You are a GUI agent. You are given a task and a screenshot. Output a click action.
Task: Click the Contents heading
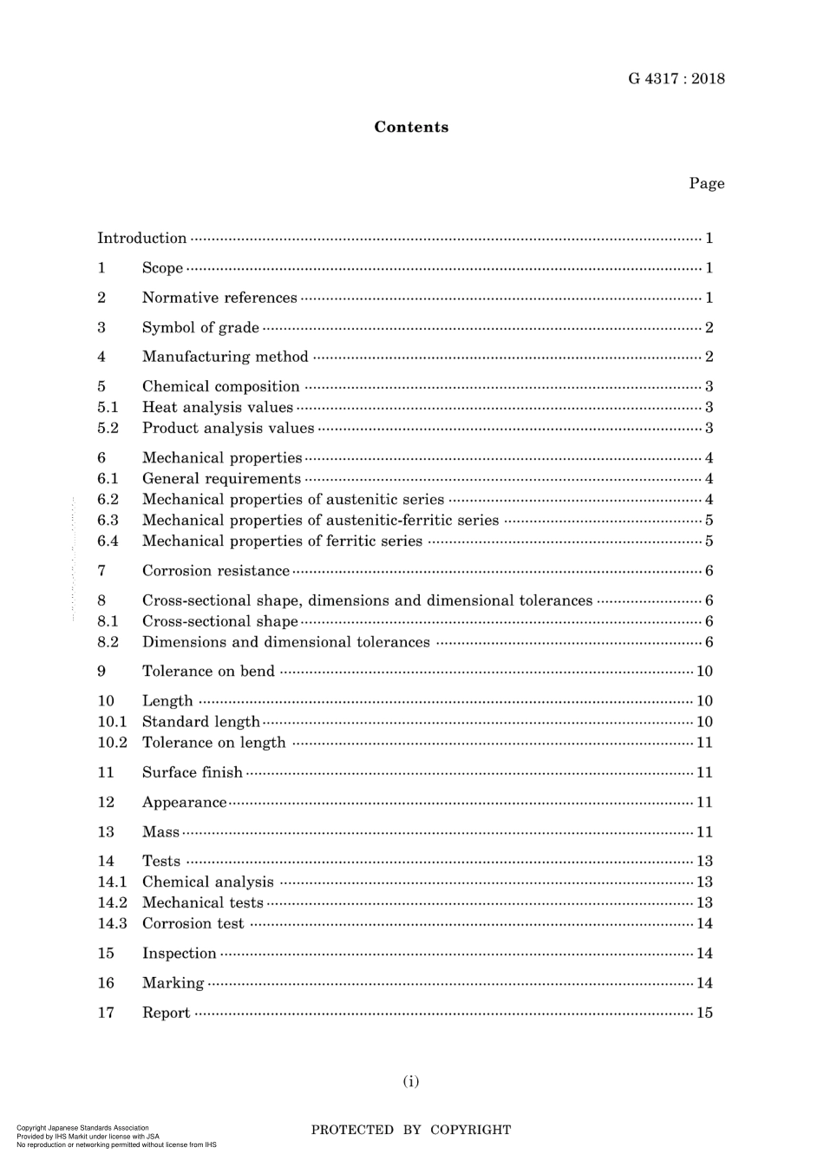click(411, 128)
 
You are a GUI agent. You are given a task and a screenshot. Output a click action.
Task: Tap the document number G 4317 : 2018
click(677, 79)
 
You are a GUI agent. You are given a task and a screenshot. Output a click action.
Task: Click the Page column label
click(706, 183)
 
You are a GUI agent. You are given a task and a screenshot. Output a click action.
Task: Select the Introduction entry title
click(142, 239)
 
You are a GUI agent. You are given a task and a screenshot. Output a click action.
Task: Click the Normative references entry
click(219, 298)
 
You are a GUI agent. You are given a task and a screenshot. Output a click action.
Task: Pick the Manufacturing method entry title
click(226, 357)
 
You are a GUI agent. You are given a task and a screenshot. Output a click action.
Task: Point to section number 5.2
click(108, 428)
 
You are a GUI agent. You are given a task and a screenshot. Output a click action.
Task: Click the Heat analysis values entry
click(218, 407)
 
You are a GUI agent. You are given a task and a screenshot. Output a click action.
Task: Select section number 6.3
click(108, 520)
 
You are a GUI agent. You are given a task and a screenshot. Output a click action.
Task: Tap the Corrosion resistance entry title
click(216, 571)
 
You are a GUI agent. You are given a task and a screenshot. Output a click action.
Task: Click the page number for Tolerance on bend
click(704, 671)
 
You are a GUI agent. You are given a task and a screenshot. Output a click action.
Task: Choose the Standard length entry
click(201, 722)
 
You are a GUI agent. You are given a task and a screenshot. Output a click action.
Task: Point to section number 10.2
click(112, 743)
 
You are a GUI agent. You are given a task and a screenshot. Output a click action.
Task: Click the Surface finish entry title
click(193, 772)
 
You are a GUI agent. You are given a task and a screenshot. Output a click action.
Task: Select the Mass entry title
click(160, 832)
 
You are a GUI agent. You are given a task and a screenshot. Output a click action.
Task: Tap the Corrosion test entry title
click(193, 924)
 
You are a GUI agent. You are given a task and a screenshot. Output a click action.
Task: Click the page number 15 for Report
click(704, 1013)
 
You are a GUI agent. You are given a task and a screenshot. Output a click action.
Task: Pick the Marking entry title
click(173, 983)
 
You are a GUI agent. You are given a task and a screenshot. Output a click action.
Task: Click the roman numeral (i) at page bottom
click(411, 1081)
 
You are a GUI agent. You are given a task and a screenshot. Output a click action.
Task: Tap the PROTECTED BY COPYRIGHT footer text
click(411, 1130)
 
